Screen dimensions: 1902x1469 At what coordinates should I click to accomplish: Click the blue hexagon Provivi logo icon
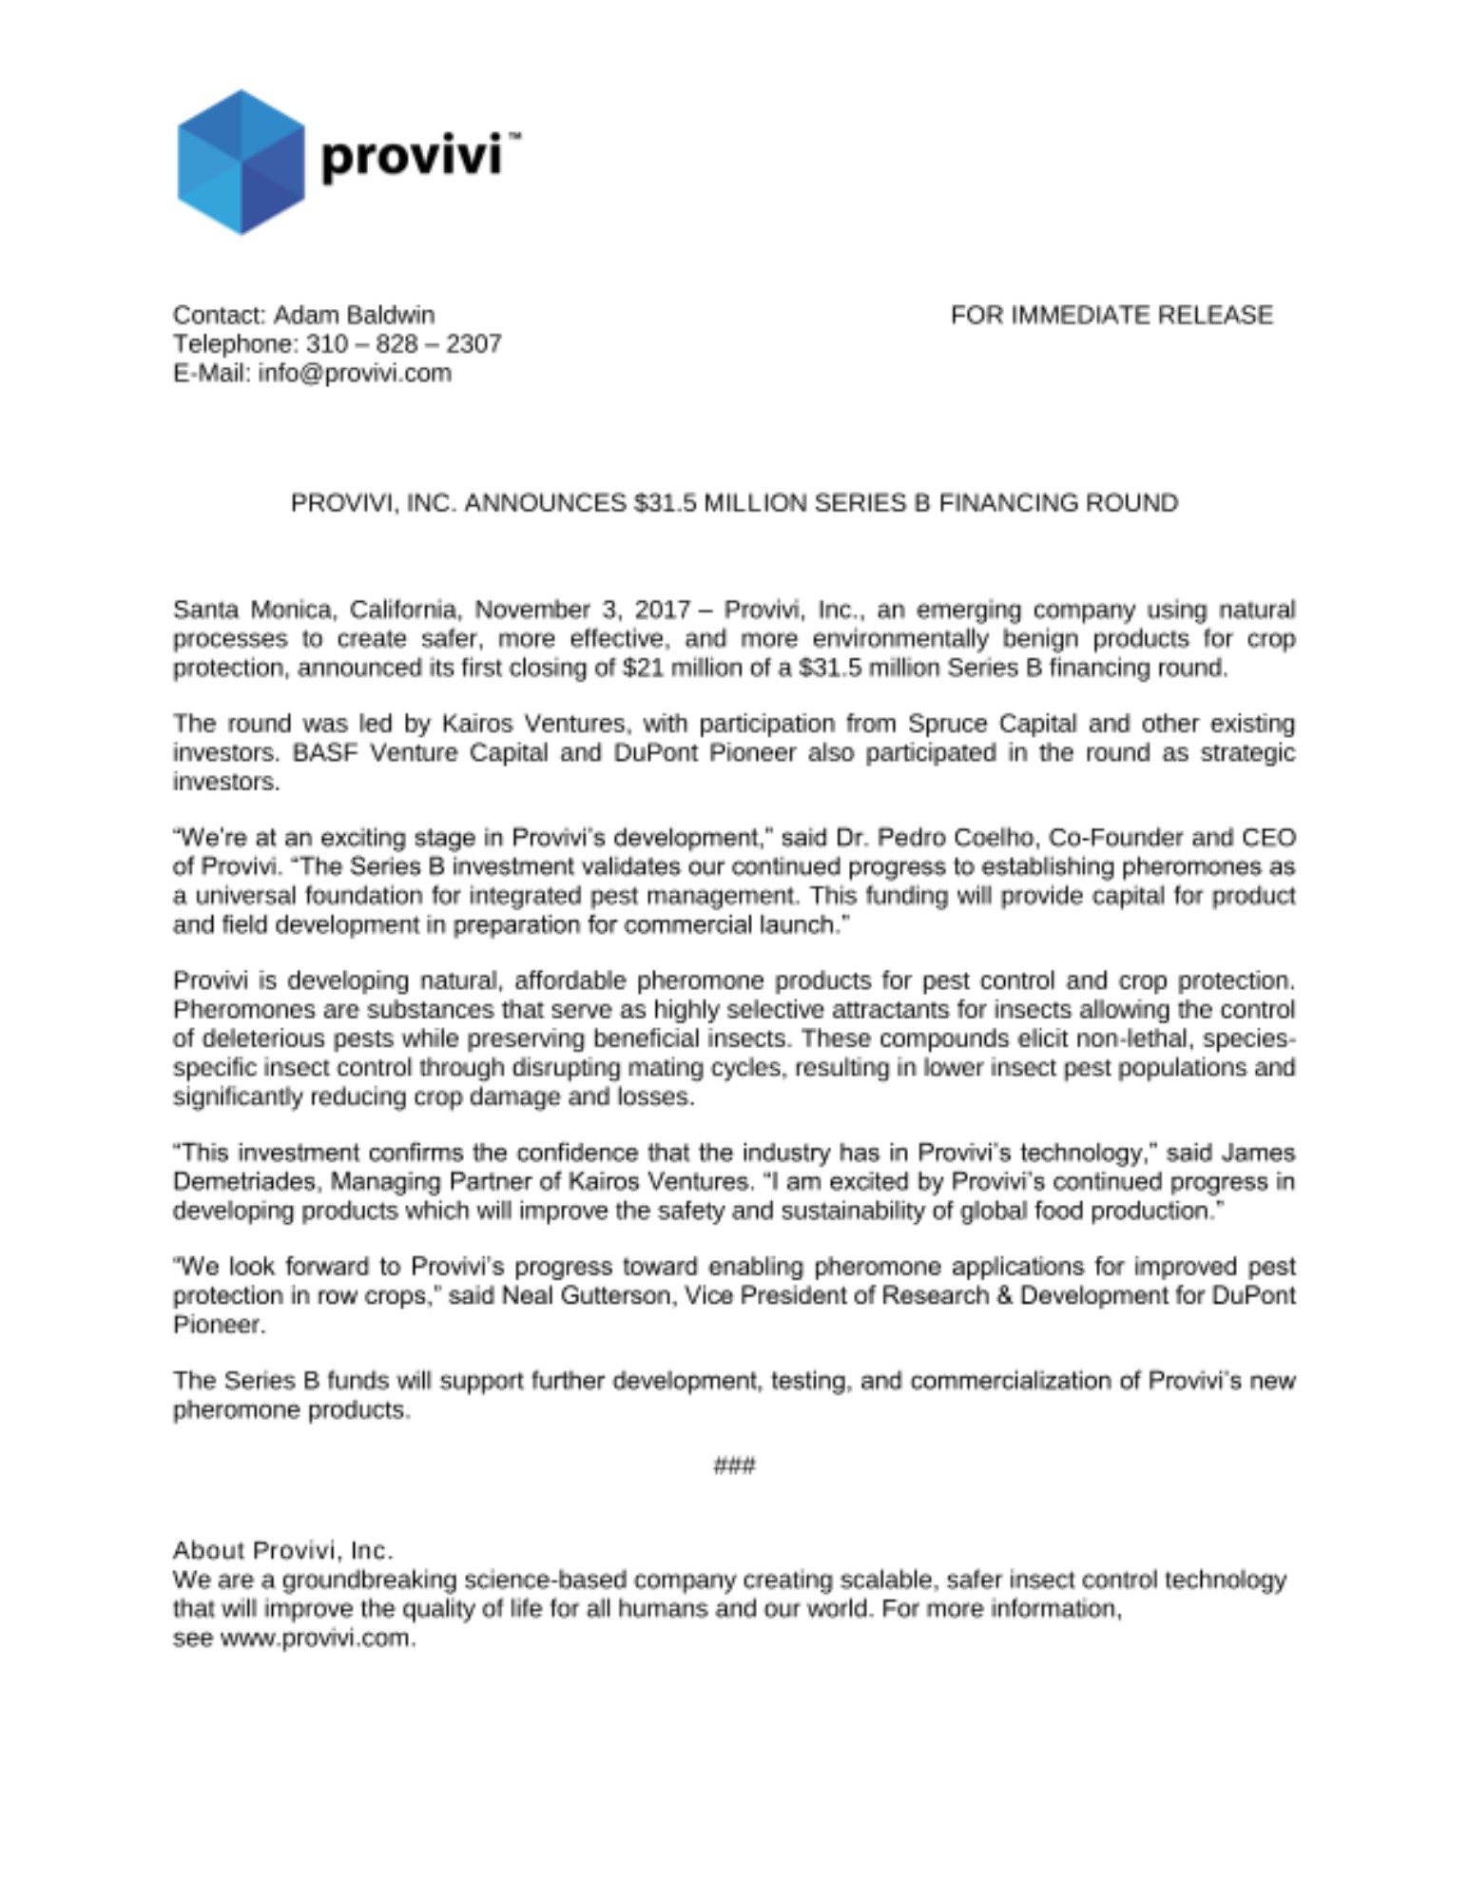[241, 162]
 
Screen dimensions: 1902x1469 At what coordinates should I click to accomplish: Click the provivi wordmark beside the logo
[411, 155]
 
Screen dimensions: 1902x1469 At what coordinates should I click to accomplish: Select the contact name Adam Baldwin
[354, 315]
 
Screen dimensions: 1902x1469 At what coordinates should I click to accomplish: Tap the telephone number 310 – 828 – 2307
[403, 343]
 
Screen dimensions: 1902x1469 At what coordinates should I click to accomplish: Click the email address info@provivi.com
[355, 373]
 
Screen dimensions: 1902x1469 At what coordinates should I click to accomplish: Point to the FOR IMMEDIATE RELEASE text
[1111, 315]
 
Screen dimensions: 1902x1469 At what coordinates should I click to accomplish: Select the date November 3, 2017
[581, 610]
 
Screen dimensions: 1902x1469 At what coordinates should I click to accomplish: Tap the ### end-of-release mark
[734, 1465]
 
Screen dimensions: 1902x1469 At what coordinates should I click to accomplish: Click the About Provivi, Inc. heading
[282, 1551]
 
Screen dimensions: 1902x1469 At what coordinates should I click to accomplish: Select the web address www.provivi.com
[316, 1639]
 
